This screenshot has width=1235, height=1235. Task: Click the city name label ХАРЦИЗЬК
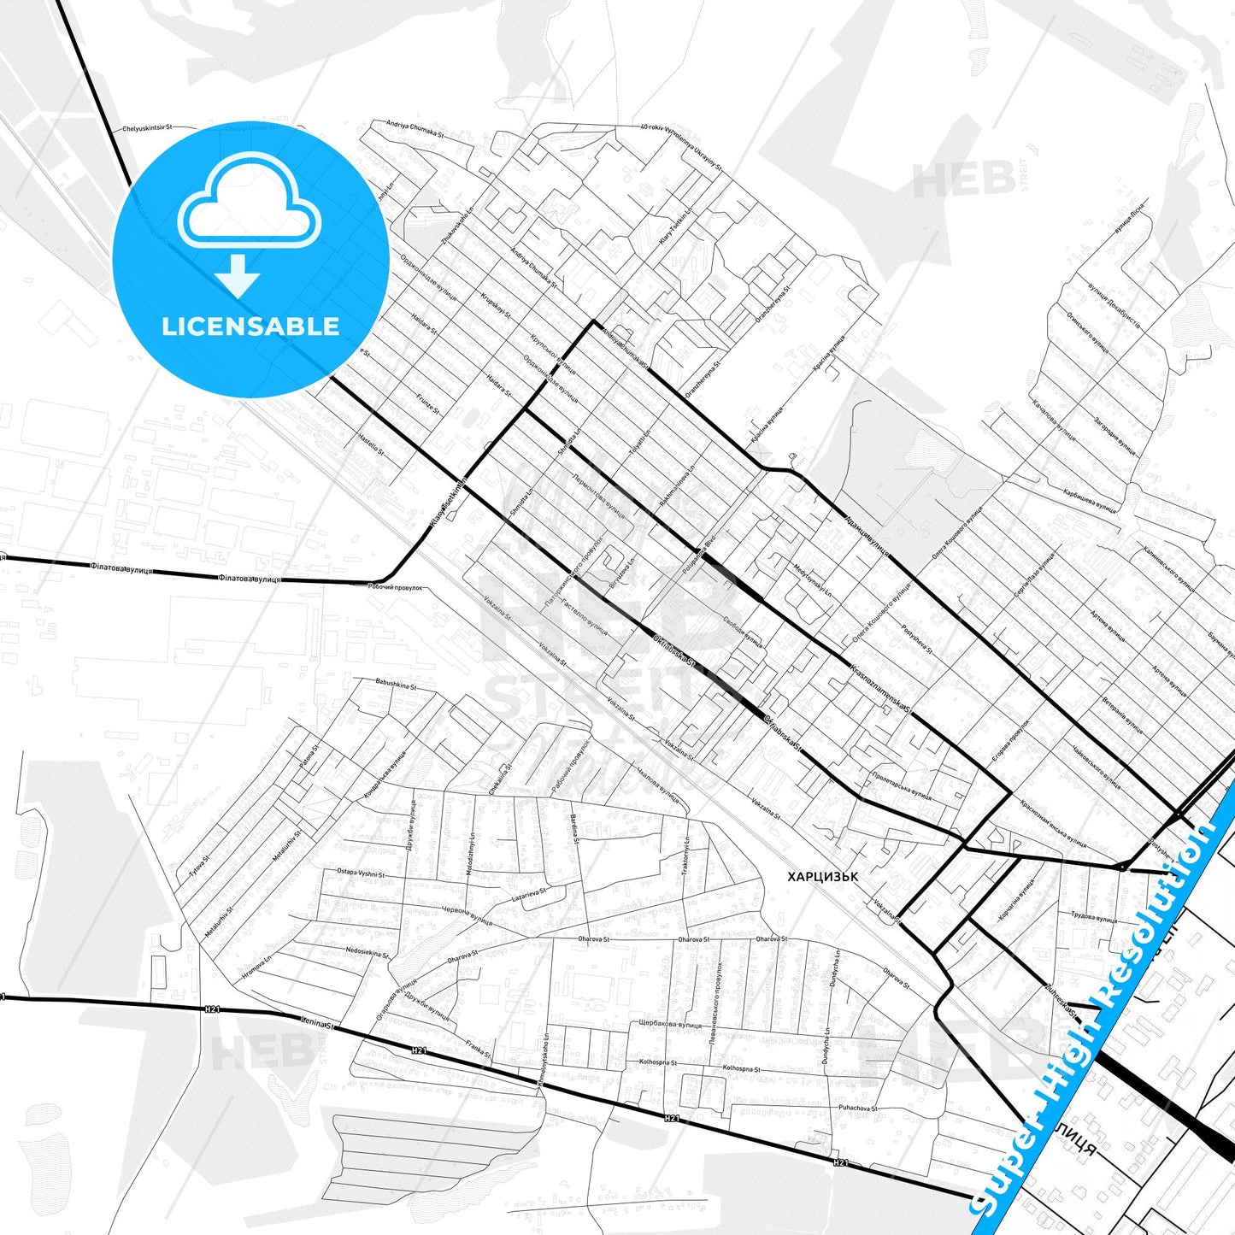[x=823, y=876]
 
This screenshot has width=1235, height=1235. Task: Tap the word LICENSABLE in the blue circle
[x=250, y=326]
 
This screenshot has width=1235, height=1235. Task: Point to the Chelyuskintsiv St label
[x=147, y=128]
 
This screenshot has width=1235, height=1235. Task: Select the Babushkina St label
[x=396, y=685]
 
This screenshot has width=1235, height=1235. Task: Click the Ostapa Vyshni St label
[x=361, y=873]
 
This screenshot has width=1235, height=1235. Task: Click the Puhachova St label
[x=857, y=1109]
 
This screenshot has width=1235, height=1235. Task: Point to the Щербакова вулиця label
[x=670, y=1024]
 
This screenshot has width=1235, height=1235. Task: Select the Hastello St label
[x=371, y=444]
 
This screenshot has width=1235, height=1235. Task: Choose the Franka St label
[x=479, y=1049]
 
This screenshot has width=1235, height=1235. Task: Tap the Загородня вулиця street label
[x=1115, y=435]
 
